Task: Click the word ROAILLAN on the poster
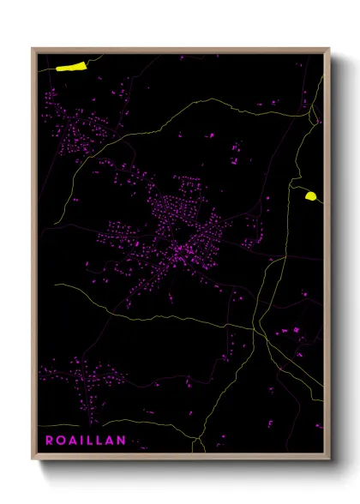85,440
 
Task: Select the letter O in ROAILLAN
60,440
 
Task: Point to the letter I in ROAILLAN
81,440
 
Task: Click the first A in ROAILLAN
72,440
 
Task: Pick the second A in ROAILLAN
110,440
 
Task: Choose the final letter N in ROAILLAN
122,440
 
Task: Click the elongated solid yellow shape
72,64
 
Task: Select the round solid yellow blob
310,196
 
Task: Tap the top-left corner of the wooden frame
33,49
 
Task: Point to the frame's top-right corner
329,49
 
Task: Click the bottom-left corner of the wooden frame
33,459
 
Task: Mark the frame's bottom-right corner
329,459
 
